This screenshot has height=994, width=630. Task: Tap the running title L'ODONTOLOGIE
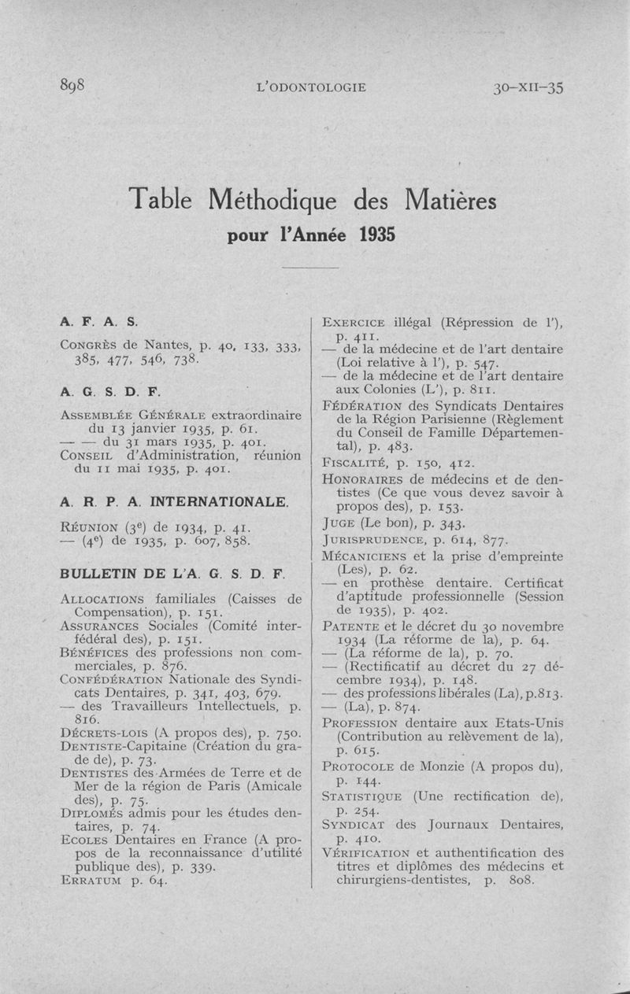tap(312, 87)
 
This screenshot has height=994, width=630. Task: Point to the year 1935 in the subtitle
tap(378, 235)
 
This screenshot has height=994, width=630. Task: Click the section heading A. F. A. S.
tap(99, 322)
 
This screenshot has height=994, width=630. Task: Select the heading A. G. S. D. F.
tap(110, 391)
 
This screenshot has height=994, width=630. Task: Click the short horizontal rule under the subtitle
tap(309, 268)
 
